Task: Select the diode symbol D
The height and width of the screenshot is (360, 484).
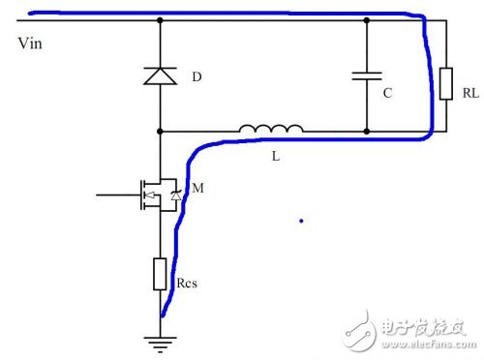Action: pyautogui.click(x=160, y=75)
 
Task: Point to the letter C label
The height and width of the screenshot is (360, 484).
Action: pyautogui.click(x=387, y=94)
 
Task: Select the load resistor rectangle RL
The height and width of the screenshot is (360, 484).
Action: pyautogui.click(x=445, y=83)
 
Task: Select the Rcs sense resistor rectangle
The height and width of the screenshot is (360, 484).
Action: pyautogui.click(x=160, y=275)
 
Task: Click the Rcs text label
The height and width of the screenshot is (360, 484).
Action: pyautogui.click(x=190, y=285)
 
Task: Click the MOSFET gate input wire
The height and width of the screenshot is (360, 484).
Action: pyautogui.click(x=116, y=195)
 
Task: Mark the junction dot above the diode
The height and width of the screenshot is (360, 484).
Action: pyautogui.click(x=160, y=19)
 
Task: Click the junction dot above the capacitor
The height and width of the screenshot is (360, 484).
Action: pyautogui.click(x=367, y=19)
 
